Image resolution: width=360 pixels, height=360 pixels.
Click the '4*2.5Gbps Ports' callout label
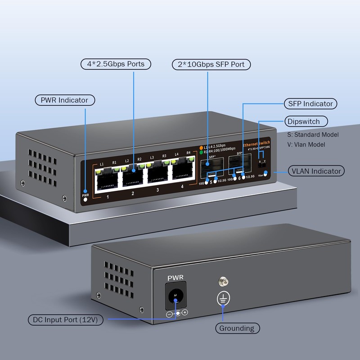click(116, 64)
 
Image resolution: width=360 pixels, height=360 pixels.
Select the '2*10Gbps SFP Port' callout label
click(211, 65)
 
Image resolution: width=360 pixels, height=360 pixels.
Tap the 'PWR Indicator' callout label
click(65, 100)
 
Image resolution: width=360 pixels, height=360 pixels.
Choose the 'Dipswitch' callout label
click(306, 121)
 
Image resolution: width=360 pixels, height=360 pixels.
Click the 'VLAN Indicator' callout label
click(316, 171)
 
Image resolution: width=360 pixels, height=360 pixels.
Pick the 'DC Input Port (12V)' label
click(66, 320)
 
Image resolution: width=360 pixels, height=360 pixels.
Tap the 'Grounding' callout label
click(237, 328)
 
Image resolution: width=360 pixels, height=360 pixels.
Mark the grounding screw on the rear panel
click(221, 282)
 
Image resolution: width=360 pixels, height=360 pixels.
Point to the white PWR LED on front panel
click(85, 199)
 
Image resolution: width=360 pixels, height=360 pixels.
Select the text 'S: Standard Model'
click(313, 135)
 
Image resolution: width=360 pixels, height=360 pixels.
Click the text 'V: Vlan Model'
click(306, 144)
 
